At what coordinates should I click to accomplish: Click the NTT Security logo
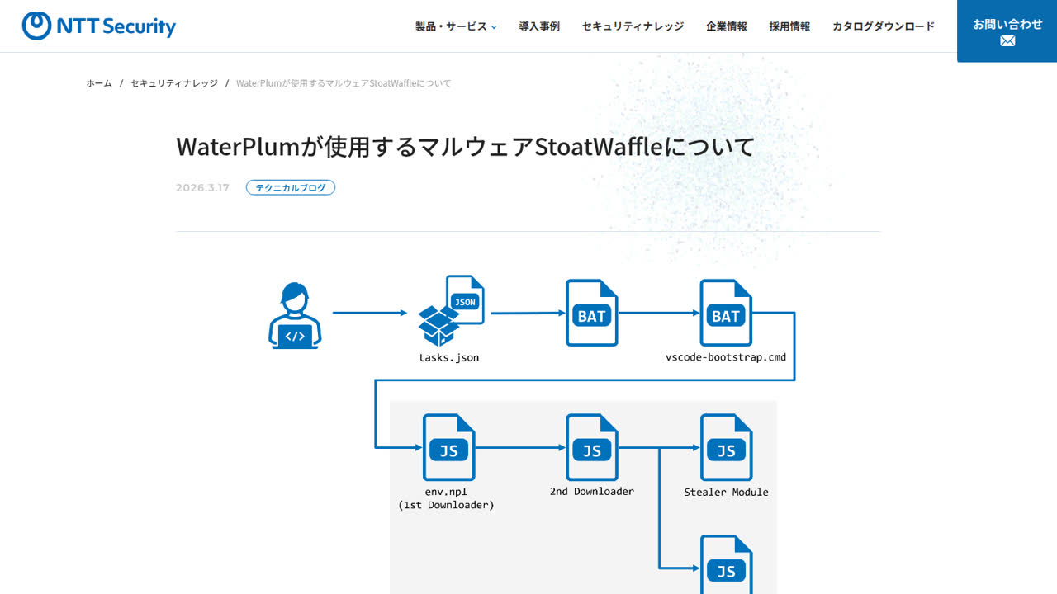[98, 26]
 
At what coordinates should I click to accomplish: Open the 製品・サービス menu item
[456, 26]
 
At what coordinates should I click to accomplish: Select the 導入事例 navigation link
[539, 26]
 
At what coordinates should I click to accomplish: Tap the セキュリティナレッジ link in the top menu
[633, 26]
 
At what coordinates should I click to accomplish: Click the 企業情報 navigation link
[727, 26]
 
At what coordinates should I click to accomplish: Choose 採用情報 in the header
[790, 26]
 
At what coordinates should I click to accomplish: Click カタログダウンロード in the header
[884, 26]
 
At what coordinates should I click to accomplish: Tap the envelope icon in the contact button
[1007, 41]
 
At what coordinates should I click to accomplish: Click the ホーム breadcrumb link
[99, 83]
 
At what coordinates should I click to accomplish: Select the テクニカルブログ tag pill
[291, 187]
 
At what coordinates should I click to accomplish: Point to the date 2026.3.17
[202, 188]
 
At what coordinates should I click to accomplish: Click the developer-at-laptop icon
[295, 315]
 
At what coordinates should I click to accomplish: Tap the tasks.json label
[448, 358]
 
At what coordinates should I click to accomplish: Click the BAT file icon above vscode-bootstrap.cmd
[726, 313]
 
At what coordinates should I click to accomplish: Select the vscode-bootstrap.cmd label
[726, 357]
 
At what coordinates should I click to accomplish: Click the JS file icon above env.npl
[448, 447]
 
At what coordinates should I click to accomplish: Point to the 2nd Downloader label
[592, 492]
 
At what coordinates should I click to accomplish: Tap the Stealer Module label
[726, 493]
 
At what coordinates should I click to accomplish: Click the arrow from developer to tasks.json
[370, 313]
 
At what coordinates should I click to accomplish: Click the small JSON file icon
[465, 299]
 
